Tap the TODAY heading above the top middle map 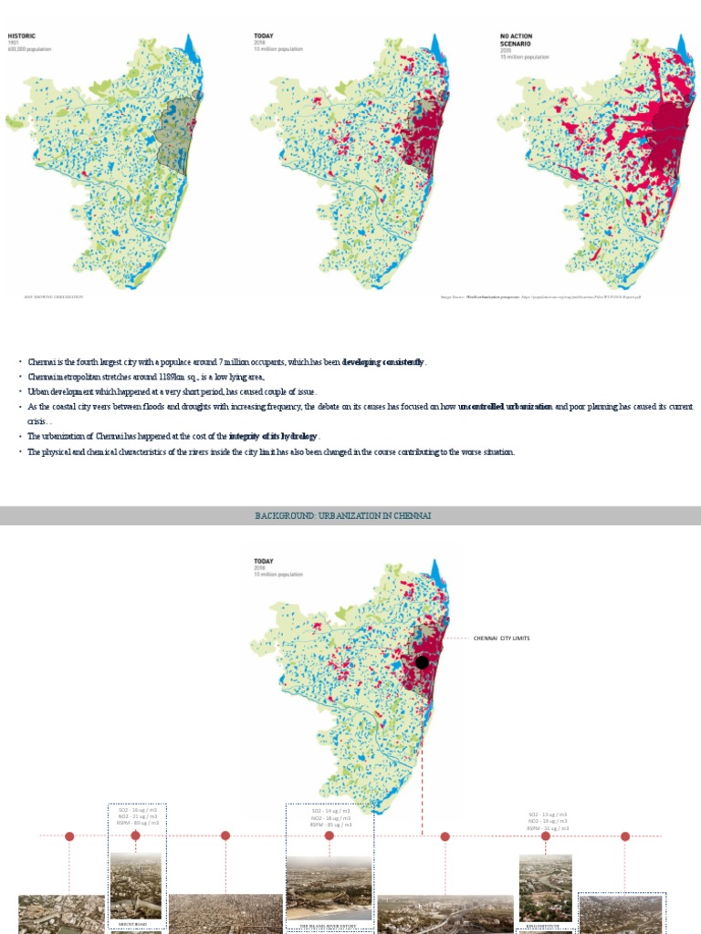263,36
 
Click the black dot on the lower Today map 422,662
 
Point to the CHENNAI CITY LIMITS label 501,638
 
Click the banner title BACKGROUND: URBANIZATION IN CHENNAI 343,516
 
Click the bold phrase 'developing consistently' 383,362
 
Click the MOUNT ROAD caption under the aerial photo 136,923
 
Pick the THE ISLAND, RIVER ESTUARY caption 329,927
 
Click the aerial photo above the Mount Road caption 136,885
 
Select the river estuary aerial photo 329,887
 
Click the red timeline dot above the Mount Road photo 136,835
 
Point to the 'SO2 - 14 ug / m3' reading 330,810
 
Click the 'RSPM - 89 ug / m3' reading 137,823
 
